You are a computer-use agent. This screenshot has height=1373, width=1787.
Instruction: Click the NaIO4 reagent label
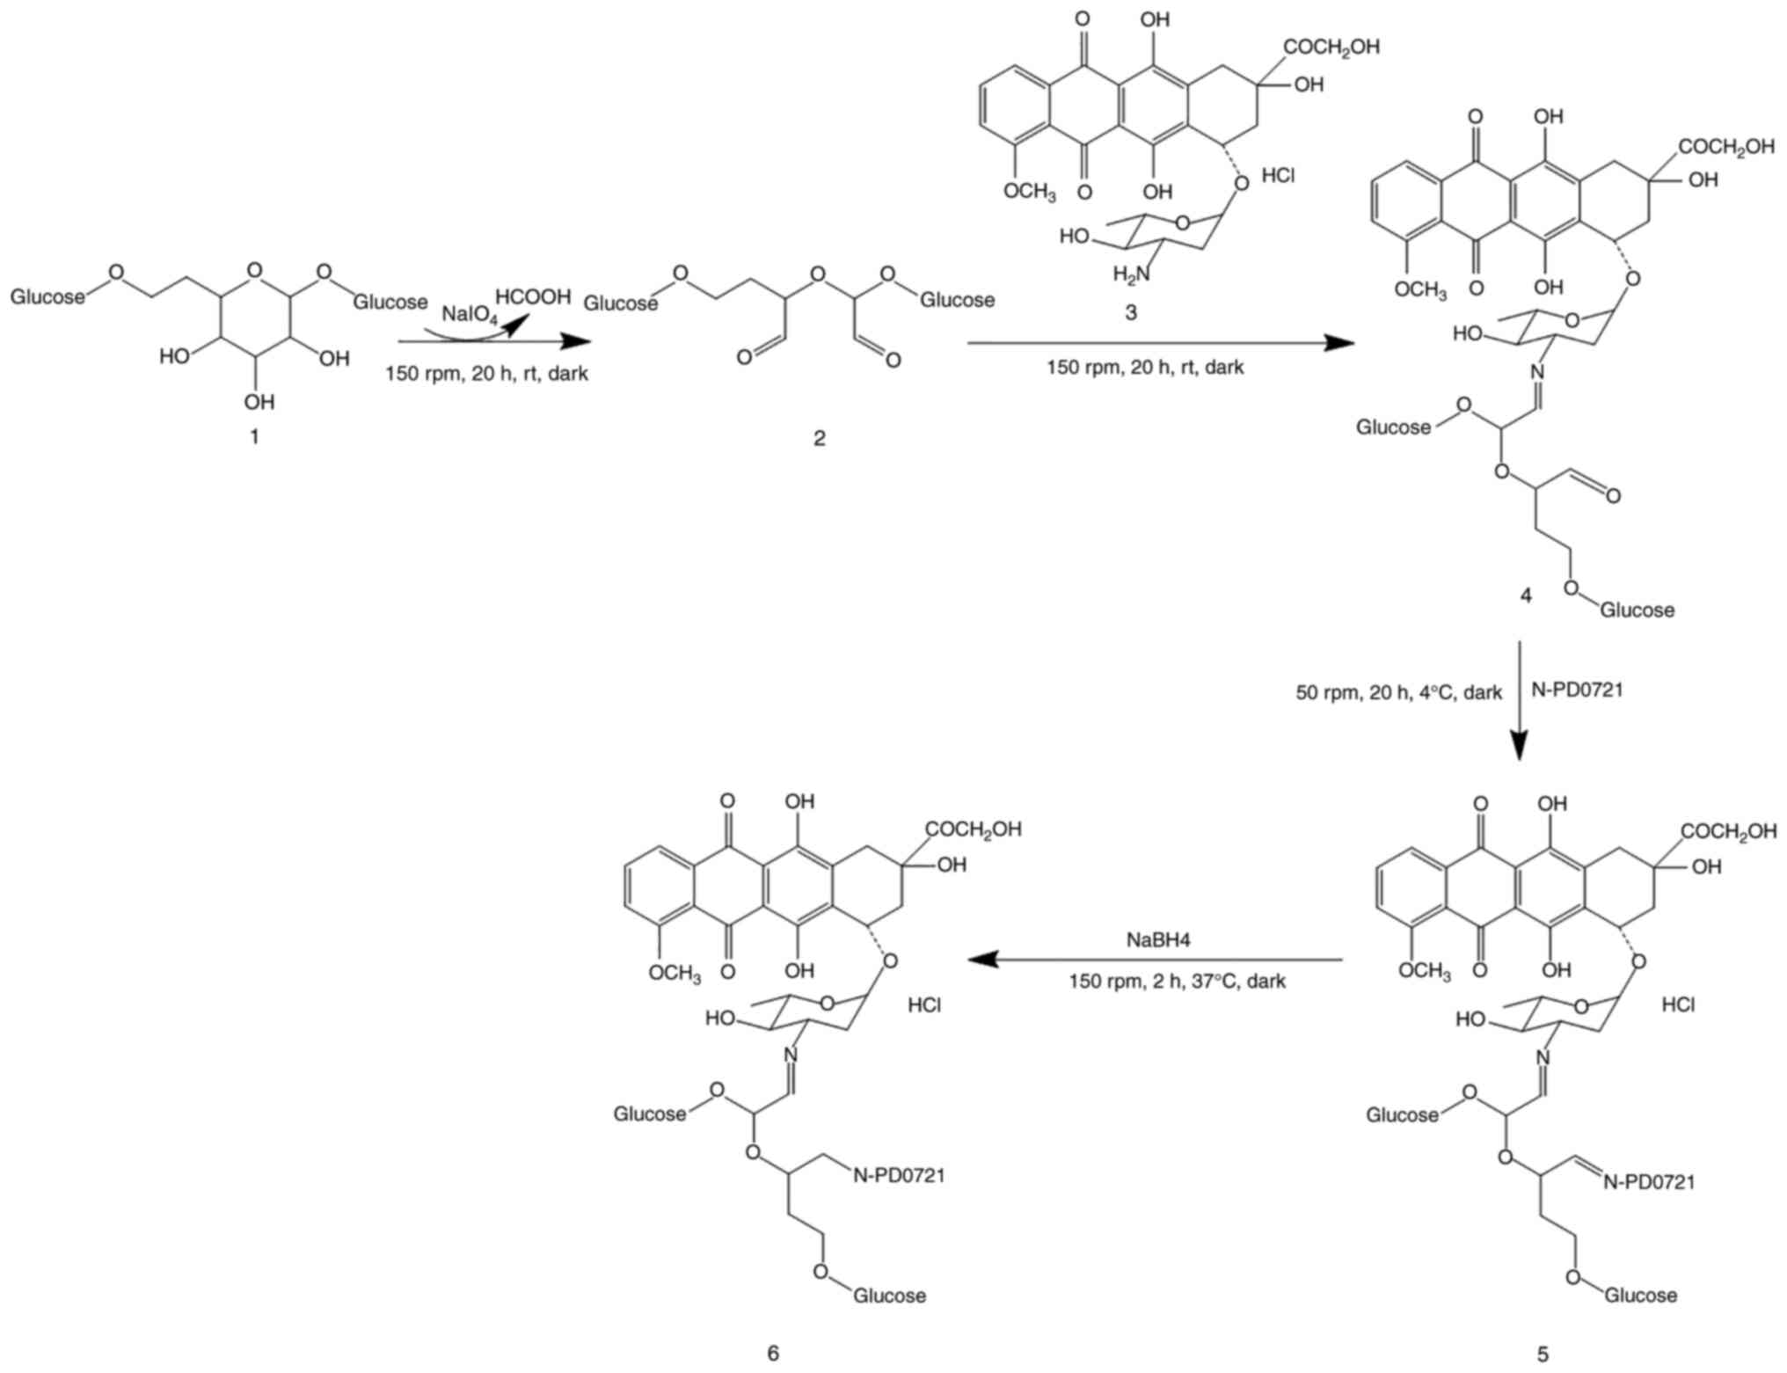click(470, 315)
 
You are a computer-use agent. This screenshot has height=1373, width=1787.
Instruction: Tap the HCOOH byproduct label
click(533, 296)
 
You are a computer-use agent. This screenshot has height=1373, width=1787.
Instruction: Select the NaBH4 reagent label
click(1158, 940)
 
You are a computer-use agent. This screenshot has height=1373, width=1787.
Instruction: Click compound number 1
click(255, 436)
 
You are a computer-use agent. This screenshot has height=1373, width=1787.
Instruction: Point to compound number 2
click(819, 438)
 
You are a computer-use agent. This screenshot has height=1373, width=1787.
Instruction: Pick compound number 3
click(1131, 312)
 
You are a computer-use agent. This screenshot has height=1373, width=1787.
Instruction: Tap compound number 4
click(1526, 595)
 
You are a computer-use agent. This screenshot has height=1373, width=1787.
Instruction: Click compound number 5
click(1543, 1354)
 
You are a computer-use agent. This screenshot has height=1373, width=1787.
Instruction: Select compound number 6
click(773, 1353)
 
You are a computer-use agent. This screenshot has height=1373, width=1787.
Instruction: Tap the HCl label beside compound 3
click(1278, 176)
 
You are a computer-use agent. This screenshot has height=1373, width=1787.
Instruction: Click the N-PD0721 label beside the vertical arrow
click(1577, 690)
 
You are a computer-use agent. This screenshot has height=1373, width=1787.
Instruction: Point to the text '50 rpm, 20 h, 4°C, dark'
click(1398, 693)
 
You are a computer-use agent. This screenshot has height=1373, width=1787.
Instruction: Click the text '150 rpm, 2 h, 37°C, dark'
click(1177, 981)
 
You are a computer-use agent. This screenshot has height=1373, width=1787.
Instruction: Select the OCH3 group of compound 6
click(675, 974)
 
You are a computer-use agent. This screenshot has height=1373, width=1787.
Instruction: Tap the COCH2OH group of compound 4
click(1726, 147)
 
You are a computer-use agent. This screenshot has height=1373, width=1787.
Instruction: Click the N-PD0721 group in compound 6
click(899, 1175)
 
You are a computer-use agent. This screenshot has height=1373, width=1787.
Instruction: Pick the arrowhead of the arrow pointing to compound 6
click(982, 960)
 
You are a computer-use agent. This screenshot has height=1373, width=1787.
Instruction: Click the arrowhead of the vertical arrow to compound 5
click(1521, 748)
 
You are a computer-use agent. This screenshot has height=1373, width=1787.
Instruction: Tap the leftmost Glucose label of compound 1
click(47, 297)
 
